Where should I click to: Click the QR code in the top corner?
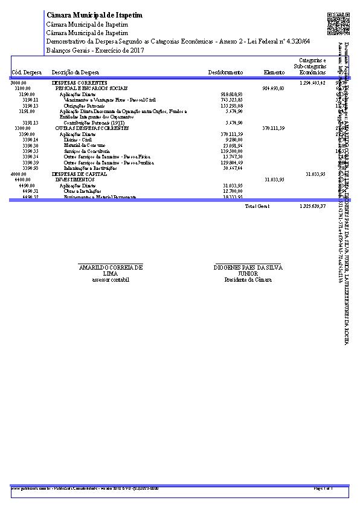tap(338, 24)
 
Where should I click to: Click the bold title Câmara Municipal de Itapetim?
tap(95, 15)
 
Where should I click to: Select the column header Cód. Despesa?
tap(27, 73)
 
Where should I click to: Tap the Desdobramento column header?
tap(225, 73)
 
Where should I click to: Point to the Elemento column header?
tap(274, 73)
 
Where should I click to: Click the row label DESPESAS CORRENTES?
tap(80, 82)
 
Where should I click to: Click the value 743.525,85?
tap(232, 100)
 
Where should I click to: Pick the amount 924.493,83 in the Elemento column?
tap(274, 88)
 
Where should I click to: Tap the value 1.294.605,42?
tap(312, 82)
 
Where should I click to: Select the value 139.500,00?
tap(232, 151)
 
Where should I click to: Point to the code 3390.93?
tap(30, 168)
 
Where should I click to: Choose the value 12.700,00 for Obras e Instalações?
tap(233, 191)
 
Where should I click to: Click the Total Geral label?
tap(257, 207)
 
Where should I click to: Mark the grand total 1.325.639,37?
tap(312, 207)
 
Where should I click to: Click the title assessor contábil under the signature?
tap(110, 280)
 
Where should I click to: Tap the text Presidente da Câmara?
tap(248, 280)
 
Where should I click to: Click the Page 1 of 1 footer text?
tap(324, 487)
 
